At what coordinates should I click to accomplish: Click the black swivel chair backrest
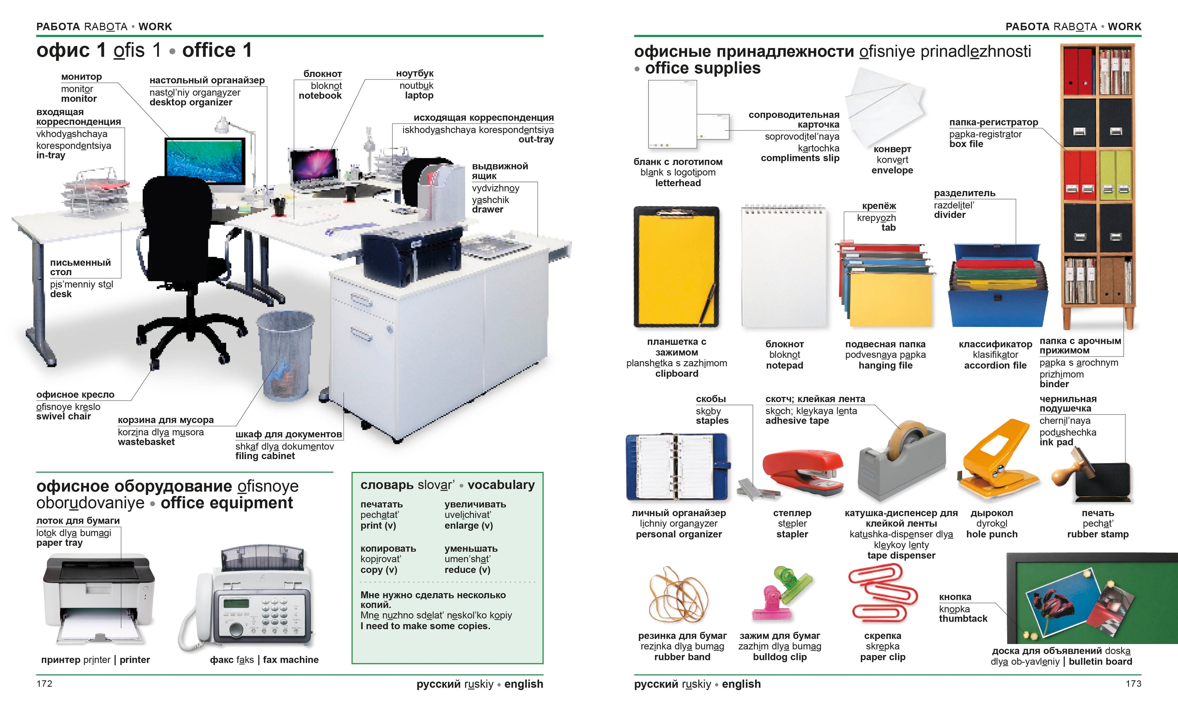click(177, 215)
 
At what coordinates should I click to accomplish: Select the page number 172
click(44, 684)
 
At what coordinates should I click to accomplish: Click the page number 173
click(1133, 684)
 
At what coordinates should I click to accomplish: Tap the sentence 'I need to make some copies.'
click(425, 626)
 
